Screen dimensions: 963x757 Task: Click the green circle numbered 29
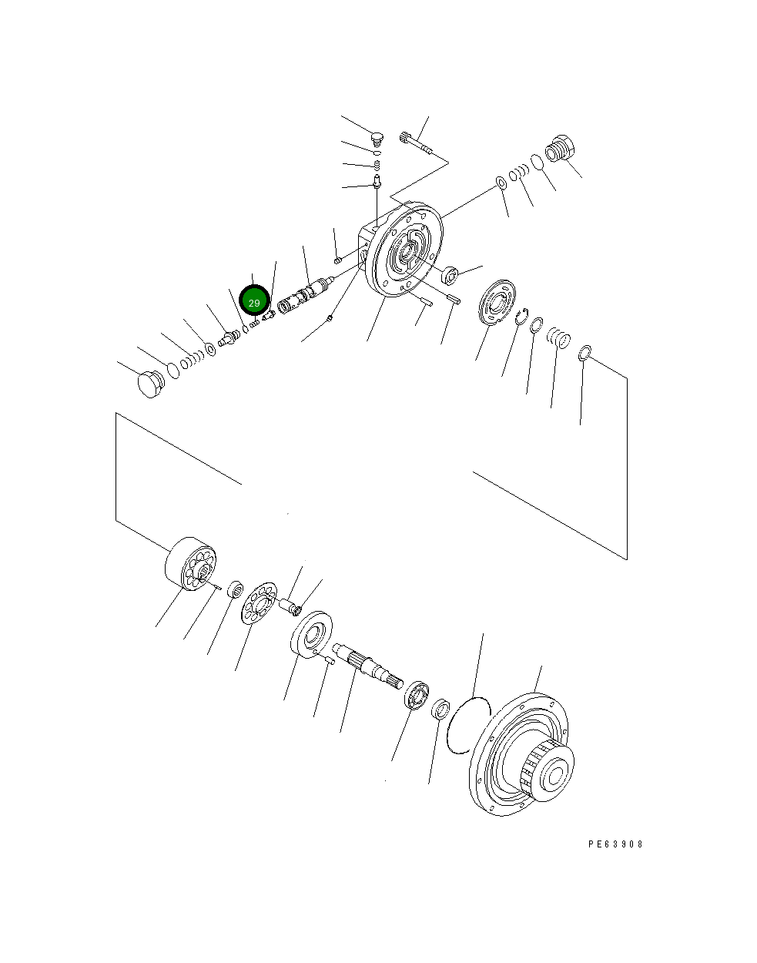pyautogui.click(x=254, y=302)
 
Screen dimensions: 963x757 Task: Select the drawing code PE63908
pyautogui.click(x=615, y=844)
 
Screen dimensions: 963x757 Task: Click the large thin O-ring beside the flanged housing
pyautogui.click(x=470, y=725)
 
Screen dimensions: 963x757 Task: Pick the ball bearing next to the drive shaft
pyautogui.click(x=417, y=694)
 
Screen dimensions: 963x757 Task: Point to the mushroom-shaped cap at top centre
pyautogui.click(x=376, y=139)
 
